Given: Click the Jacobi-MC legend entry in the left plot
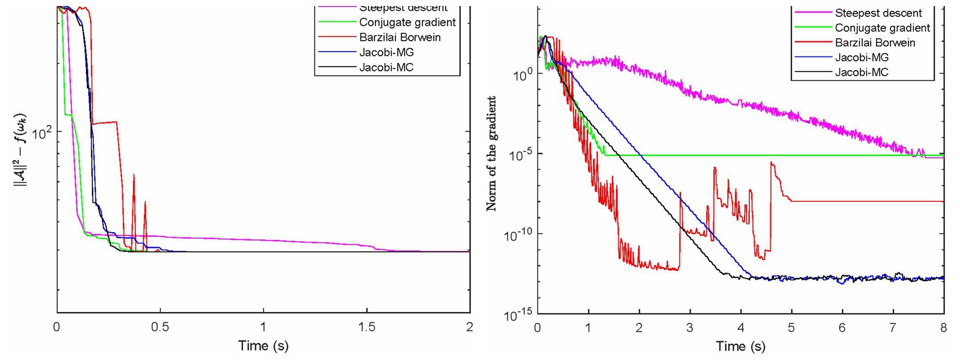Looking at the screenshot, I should [x=386, y=67].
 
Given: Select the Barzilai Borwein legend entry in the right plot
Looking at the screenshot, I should [x=875, y=43].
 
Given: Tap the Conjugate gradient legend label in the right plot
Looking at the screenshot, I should [x=882, y=28].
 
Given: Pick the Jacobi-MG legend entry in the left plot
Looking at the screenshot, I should [x=386, y=52].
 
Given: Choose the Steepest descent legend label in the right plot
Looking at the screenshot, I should [x=878, y=13].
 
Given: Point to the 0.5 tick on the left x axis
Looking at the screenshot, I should [x=160, y=327].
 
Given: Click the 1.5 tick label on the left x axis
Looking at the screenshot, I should [x=367, y=327].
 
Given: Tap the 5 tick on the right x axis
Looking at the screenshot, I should [x=791, y=328].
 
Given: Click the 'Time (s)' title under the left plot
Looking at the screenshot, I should [x=263, y=346].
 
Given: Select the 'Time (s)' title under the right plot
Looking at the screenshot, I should [x=740, y=346].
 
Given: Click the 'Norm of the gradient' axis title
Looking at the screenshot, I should [x=491, y=154].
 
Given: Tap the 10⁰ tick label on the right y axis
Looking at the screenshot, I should [x=520, y=75].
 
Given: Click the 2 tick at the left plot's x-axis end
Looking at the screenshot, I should [x=469, y=327].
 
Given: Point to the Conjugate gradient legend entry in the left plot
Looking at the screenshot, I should [x=407, y=22].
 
